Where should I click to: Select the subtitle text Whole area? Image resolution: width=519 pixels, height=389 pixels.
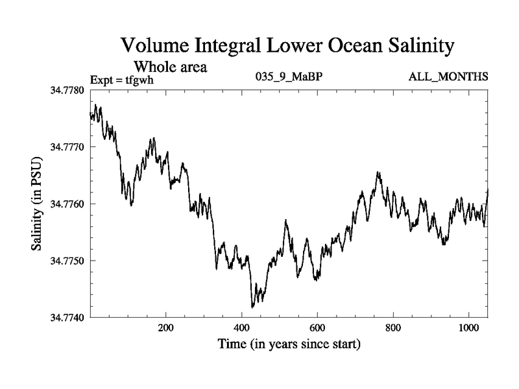[x=170, y=66]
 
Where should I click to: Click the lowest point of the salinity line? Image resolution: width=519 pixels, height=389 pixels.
[x=252, y=307]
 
